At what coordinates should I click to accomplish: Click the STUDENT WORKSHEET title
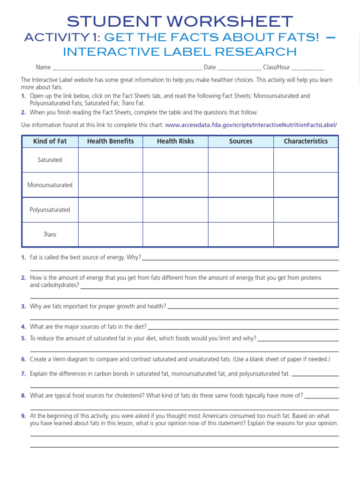[180, 21]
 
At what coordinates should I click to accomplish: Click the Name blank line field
[127, 67]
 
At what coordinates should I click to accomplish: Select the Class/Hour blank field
[307, 67]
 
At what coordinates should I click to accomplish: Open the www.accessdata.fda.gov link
[251, 125]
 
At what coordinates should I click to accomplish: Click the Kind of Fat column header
[50, 141]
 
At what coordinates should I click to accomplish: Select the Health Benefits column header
[110, 141]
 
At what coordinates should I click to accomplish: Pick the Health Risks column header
[175, 141]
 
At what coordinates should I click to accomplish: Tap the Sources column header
[240, 141]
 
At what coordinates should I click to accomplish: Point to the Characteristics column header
[306, 141]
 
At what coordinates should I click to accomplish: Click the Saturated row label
[50, 160]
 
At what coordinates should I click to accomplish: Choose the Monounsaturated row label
[50, 185]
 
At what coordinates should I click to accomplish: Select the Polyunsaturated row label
[50, 210]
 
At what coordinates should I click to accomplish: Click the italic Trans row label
[50, 234]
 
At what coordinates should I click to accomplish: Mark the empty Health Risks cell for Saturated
[175, 160]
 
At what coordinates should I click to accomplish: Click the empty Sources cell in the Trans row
[240, 234]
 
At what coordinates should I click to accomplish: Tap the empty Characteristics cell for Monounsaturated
[306, 185]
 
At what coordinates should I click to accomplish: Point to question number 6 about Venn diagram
[23, 360]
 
